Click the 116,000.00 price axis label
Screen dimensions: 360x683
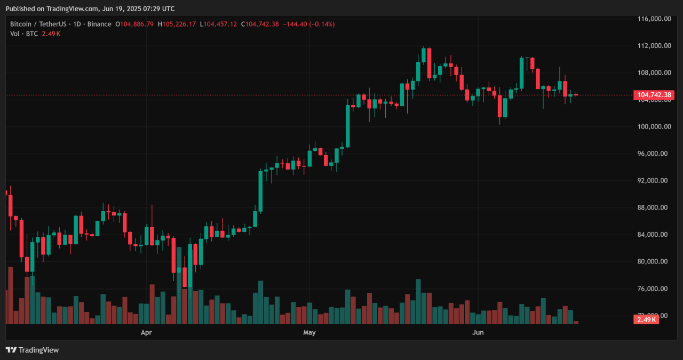click(x=654, y=19)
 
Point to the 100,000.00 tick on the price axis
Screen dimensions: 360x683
click(x=654, y=127)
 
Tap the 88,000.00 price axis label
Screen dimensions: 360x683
click(x=654, y=208)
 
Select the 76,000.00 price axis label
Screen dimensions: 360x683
click(x=654, y=289)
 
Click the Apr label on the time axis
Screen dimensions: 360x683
click(x=146, y=333)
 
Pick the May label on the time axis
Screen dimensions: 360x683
click(x=309, y=333)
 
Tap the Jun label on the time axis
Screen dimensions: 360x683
click(x=478, y=333)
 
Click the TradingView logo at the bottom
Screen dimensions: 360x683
click(x=33, y=350)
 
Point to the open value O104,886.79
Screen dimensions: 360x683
click(x=134, y=24)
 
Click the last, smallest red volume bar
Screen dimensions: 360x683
click(x=576, y=322)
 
